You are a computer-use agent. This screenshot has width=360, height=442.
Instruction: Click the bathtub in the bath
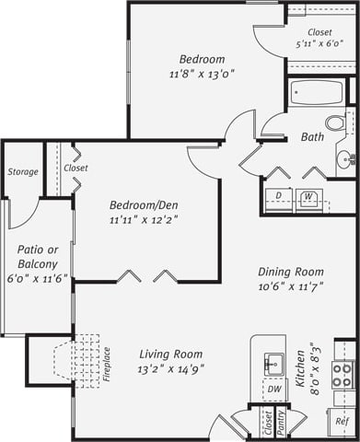[x=317, y=93]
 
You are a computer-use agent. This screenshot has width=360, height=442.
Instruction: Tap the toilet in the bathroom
[x=336, y=122]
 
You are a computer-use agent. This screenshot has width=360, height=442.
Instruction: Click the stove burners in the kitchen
[x=343, y=373]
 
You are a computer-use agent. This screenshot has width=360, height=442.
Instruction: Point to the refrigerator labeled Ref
[x=343, y=421]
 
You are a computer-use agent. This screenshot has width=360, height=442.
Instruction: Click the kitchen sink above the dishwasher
[x=272, y=363]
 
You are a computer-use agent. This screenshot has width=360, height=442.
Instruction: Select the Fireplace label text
[x=107, y=363]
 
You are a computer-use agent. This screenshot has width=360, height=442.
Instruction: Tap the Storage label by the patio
[x=23, y=171]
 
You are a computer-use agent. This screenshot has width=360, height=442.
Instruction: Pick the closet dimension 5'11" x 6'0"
[x=319, y=43]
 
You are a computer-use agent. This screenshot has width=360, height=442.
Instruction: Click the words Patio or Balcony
[x=38, y=257]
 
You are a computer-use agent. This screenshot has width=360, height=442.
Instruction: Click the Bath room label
[x=312, y=138]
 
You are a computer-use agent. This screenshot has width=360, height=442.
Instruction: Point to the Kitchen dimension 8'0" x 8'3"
[x=316, y=368]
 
